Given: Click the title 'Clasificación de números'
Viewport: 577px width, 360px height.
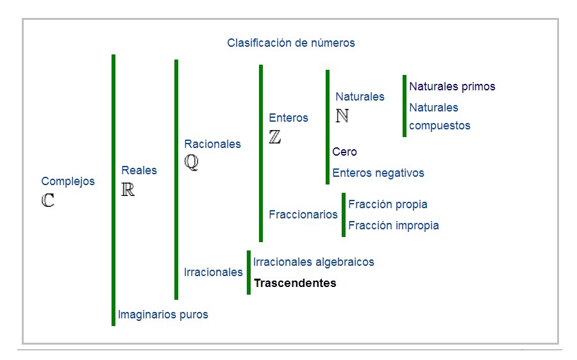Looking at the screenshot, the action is tap(290, 43).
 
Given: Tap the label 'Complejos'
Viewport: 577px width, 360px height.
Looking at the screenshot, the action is tap(68, 181).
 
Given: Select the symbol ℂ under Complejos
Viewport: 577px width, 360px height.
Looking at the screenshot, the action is tap(48, 200).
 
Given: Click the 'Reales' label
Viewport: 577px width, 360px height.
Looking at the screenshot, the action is tap(139, 170).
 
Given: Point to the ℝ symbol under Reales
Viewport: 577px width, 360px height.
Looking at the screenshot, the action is tap(128, 190).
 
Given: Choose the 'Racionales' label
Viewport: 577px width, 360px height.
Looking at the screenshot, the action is tap(212, 144).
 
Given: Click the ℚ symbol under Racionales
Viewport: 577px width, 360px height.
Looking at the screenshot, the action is tap(192, 163).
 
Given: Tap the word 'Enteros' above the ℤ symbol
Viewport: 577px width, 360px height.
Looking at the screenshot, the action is tap(288, 118).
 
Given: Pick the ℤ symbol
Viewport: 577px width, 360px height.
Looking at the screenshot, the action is tap(275, 137).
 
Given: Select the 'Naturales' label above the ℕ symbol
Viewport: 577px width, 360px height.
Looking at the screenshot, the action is tap(360, 97).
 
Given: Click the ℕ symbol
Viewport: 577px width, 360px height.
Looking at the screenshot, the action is tap(342, 116).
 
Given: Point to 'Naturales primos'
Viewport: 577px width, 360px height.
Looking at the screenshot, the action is tap(452, 86).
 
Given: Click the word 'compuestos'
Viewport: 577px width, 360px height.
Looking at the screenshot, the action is tap(440, 126).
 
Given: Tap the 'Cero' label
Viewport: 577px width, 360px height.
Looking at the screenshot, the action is tap(344, 152).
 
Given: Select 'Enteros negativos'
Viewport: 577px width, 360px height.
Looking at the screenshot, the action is tap(378, 173).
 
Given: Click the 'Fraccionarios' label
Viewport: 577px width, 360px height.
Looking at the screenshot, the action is tap(303, 215).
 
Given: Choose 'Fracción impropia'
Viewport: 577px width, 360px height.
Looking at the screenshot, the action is tap(393, 225).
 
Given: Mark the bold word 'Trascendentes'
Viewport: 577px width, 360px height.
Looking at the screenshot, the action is tap(295, 283).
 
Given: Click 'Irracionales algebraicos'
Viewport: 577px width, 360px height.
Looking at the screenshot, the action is tap(314, 262).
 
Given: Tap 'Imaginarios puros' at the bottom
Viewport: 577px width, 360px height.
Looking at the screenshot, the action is tap(163, 315).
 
